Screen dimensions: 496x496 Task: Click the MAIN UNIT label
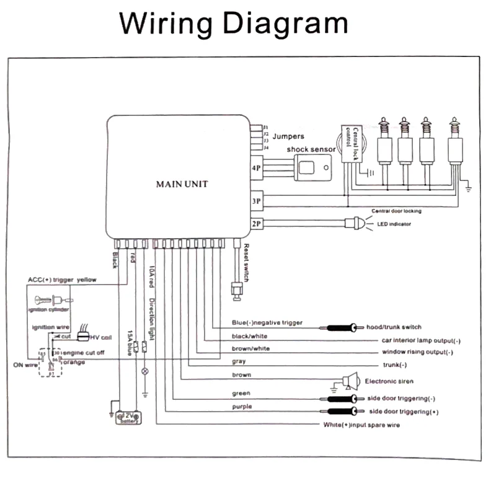click(182, 184)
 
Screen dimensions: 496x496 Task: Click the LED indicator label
click(394, 224)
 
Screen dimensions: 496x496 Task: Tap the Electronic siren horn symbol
click(351, 381)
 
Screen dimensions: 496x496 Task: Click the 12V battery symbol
click(129, 417)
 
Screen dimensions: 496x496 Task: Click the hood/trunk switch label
click(394, 327)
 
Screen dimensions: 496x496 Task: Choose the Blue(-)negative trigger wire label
click(267, 322)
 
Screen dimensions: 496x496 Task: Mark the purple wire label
click(242, 407)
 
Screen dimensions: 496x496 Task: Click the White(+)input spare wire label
click(361, 425)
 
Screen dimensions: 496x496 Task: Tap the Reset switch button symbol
click(236, 288)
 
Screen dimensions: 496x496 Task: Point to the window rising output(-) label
click(418, 352)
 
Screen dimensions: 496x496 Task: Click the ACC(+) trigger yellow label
click(62, 280)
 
